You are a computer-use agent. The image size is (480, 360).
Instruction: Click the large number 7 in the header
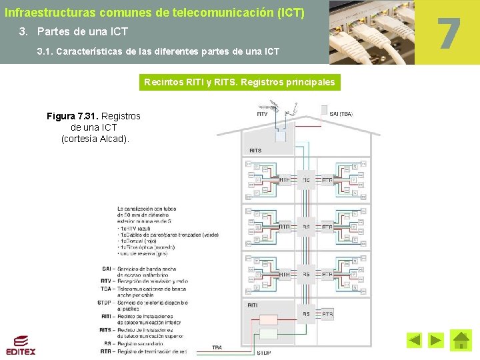(449, 34)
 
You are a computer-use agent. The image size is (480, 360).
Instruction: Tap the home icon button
(461, 340)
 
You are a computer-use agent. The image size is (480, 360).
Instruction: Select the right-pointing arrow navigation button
(435, 341)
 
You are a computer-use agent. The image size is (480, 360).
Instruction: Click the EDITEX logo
(21, 345)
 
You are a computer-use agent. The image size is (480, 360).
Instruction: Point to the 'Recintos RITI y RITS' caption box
(240, 83)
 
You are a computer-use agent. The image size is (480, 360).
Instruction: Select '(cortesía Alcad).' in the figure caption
(95, 139)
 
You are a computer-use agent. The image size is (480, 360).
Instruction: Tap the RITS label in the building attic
(255, 151)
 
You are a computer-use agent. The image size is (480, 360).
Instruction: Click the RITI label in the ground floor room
(253, 305)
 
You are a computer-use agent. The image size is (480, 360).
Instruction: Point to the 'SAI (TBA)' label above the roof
(342, 114)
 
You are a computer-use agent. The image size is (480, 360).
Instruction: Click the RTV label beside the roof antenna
(262, 114)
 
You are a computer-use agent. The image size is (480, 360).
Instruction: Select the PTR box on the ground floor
(327, 313)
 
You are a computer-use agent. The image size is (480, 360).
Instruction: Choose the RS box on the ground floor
(306, 313)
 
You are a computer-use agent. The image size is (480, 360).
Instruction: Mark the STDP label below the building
(264, 352)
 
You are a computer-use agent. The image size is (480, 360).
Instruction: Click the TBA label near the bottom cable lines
(217, 347)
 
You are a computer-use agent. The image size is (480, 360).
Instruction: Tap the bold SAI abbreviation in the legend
(107, 268)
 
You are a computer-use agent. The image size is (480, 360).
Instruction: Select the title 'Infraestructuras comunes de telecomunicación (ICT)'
(155, 12)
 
